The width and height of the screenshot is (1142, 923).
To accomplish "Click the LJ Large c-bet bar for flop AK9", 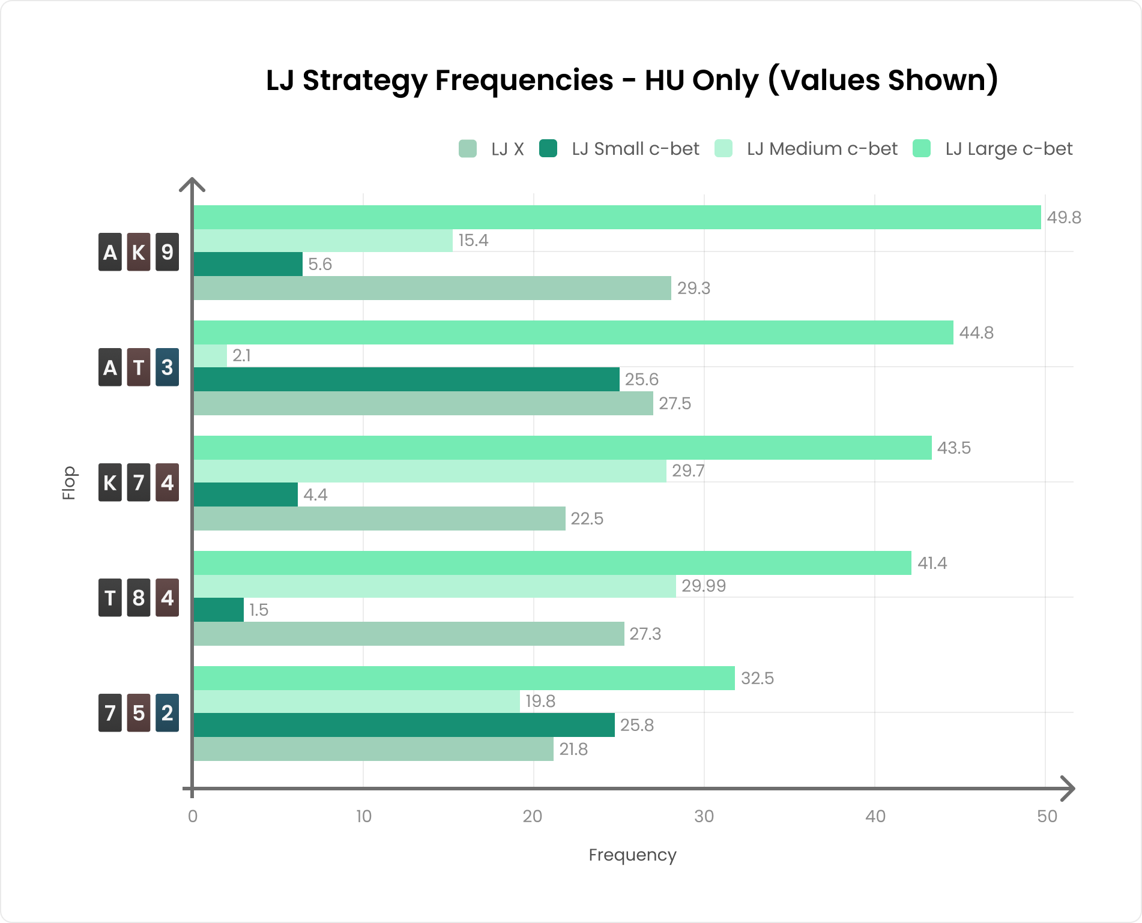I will (617, 217).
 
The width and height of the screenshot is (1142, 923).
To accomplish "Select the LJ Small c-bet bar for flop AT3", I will (406, 379).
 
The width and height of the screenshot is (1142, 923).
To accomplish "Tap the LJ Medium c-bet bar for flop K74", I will (429, 471).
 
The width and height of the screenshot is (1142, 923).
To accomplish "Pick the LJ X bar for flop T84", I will (408, 634).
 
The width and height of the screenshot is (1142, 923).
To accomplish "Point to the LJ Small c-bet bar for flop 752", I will (403, 725).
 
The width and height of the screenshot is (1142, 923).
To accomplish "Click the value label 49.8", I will (1064, 217).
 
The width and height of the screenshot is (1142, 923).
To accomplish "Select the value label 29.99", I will (704, 586).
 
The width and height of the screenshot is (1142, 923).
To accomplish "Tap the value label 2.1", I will (241, 356).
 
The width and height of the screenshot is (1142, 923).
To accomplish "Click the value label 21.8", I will (573, 749).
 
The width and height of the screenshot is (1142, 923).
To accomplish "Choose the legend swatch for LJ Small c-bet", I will (548, 149).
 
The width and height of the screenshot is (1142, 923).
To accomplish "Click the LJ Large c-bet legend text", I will (1009, 149).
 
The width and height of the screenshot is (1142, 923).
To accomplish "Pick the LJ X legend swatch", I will (468, 149).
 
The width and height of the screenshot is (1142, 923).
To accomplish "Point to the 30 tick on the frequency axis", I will (704, 816).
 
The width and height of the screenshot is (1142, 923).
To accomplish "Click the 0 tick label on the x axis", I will (193, 816).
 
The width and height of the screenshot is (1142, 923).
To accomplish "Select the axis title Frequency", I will (632, 855).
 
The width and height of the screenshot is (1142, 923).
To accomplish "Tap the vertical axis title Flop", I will (69, 483).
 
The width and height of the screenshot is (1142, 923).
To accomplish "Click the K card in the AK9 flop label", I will (139, 252).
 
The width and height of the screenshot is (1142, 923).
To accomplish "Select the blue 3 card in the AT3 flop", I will (167, 367).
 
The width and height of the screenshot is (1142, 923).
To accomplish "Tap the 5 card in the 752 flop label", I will (139, 713).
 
